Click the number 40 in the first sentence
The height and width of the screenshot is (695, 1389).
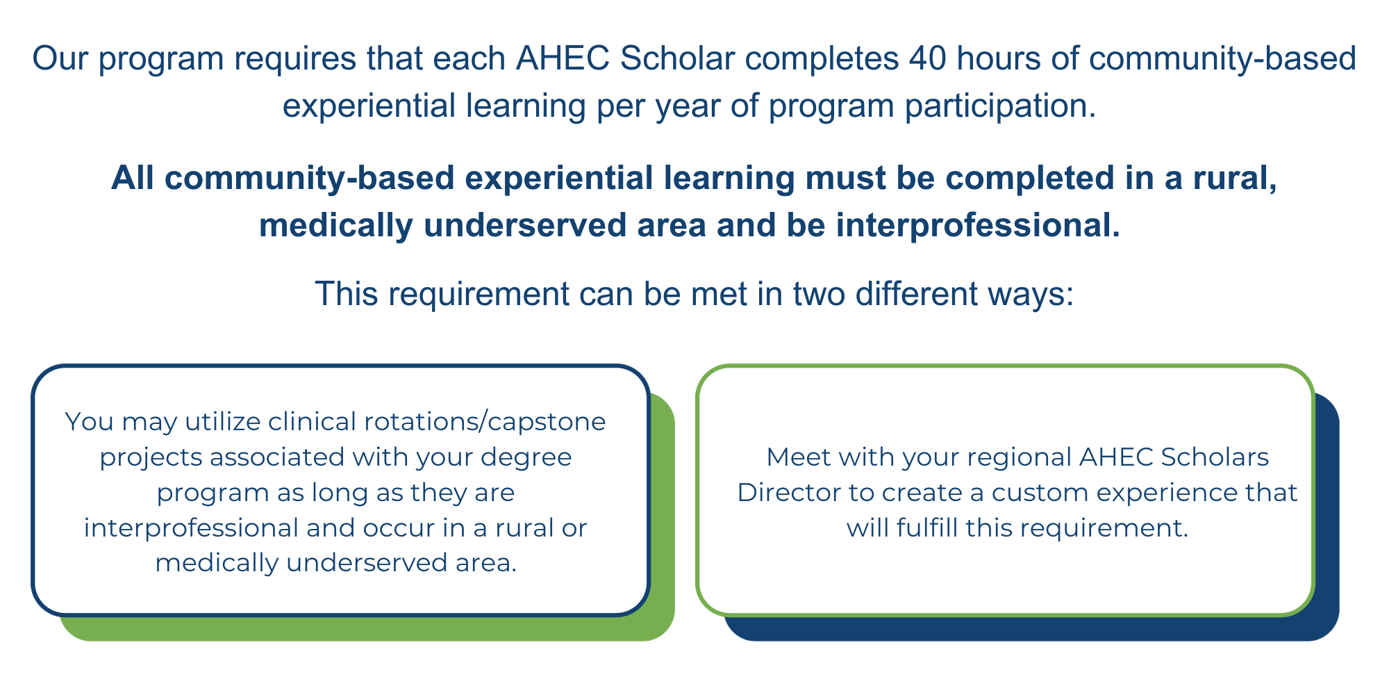click(927, 58)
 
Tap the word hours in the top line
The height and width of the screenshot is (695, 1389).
click(997, 58)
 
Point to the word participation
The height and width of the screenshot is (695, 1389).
click(1001, 106)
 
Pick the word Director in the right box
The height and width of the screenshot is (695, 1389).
click(788, 493)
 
